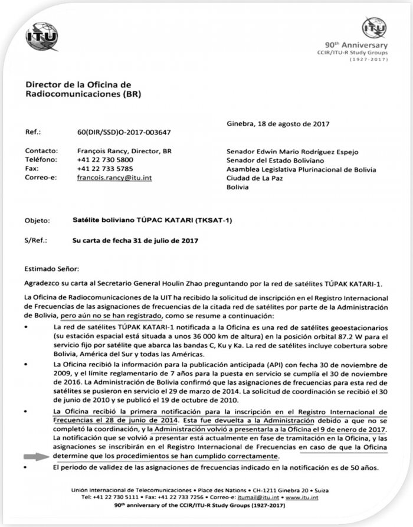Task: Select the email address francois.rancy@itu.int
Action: (x=114, y=177)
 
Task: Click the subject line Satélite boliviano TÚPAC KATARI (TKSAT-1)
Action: (x=152, y=221)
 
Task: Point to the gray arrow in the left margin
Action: (x=36, y=456)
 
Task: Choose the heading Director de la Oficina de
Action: (x=77, y=85)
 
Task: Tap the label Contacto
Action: (x=41, y=150)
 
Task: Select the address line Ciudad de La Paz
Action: (x=256, y=178)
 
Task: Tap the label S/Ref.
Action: (x=36, y=240)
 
